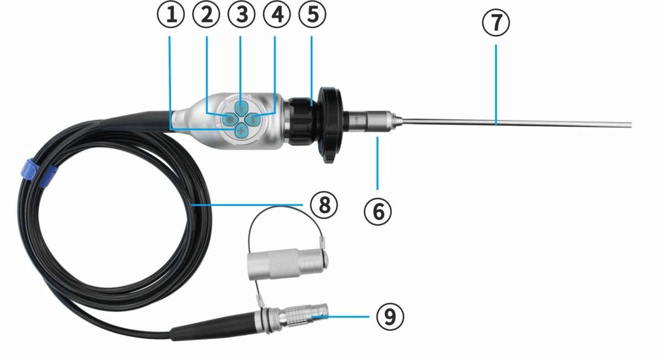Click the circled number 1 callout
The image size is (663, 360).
[x=171, y=15]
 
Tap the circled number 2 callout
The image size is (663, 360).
[x=207, y=15]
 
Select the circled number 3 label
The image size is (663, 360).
[x=242, y=15]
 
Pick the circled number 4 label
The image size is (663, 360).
[x=277, y=15]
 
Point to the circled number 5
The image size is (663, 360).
[x=313, y=15]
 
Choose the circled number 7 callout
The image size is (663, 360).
[x=496, y=22]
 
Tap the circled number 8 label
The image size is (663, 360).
[x=324, y=205]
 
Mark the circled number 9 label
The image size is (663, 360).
[x=390, y=316]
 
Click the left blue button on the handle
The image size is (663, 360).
[x=229, y=120]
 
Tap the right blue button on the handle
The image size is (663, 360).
[x=253, y=120]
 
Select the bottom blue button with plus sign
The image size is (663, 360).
[x=242, y=131]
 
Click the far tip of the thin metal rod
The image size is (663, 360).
[x=631, y=125]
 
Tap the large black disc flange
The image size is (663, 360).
[x=329, y=125]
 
